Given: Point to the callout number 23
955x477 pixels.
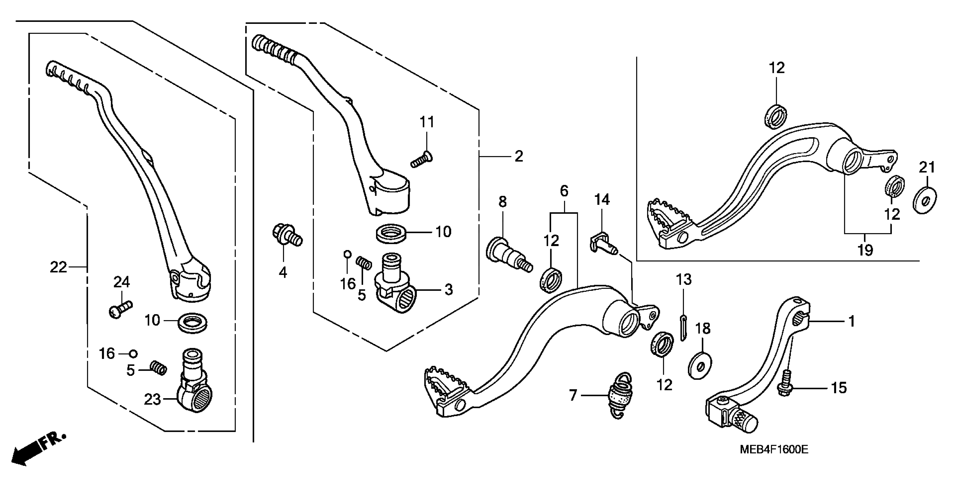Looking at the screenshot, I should pos(152,400).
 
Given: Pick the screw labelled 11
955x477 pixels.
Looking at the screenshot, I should pos(422,160).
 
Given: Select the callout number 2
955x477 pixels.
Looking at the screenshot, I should pos(518,156).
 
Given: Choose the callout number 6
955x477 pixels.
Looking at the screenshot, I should pos(564,191).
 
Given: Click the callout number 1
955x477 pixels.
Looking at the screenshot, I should pos(851,321).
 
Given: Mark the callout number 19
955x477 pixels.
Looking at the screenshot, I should pos(865,251).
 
